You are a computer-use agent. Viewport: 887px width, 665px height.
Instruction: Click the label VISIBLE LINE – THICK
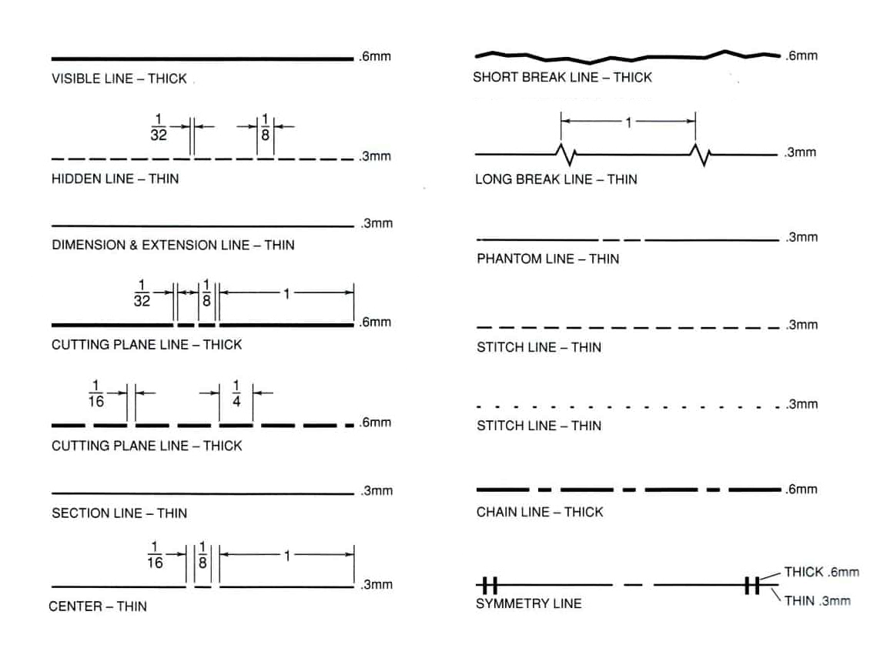pyautogui.click(x=119, y=79)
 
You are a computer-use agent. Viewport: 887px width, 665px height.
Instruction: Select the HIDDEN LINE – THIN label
pyautogui.click(x=115, y=179)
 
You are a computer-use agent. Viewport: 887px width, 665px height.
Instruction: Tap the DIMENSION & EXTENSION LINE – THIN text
pyautogui.click(x=173, y=245)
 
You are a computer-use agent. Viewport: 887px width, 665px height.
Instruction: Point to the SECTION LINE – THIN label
pyautogui.click(x=119, y=513)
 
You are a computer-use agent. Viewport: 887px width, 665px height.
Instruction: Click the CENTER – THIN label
pyautogui.click(x=98, y=607)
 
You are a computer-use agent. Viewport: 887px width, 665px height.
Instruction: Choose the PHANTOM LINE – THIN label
pyautogui.click(x=548, y=259)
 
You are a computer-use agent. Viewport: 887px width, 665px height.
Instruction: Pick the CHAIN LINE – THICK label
pyautogui.click(x=540, y=512)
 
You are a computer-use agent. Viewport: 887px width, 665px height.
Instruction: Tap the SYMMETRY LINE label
pyautogui.click(x=528, y=603)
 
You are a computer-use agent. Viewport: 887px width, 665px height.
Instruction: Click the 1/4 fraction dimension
pyautogui.click(x=236, y=393)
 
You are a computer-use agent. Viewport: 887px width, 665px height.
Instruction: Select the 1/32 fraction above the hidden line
pyautogui.click(x=159, y=127)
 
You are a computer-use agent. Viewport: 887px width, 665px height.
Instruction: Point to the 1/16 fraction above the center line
pyautogui.click(x=155, y=555)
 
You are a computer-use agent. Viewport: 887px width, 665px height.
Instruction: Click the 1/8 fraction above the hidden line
pyautogui.click(x=265, y=127)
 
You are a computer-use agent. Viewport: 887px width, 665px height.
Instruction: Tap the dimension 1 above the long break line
pyautogui.click(x=628, y=122)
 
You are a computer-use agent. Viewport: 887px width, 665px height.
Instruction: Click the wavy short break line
pyautogui.click(x=628, y=56)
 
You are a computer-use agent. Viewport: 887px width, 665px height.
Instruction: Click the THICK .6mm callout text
pyautogui.click(x=822, y=572)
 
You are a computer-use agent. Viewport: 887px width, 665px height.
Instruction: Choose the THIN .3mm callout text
pyautogui.click(x=818, y=600)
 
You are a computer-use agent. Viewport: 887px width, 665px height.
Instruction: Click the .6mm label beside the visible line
pyautogui.click(x=374, y=56)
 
